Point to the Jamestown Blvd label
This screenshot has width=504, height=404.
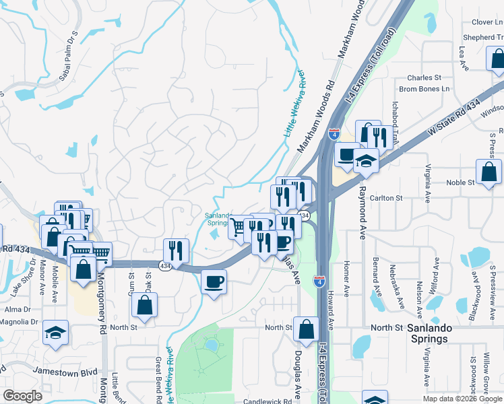(x=68, y=372)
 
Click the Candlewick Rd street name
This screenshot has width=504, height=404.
(x=267, y=401)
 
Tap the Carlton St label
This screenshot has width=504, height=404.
(x=386, y=198)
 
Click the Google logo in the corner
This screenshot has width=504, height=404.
(x=22, y=396)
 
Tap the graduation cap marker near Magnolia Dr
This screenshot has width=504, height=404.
(x=56, y=332)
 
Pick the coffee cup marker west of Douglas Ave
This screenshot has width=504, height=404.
(x=214, y=280)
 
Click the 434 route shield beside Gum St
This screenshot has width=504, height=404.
(x=164, y=267)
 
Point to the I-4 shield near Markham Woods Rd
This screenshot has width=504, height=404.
(x=335, y=134)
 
